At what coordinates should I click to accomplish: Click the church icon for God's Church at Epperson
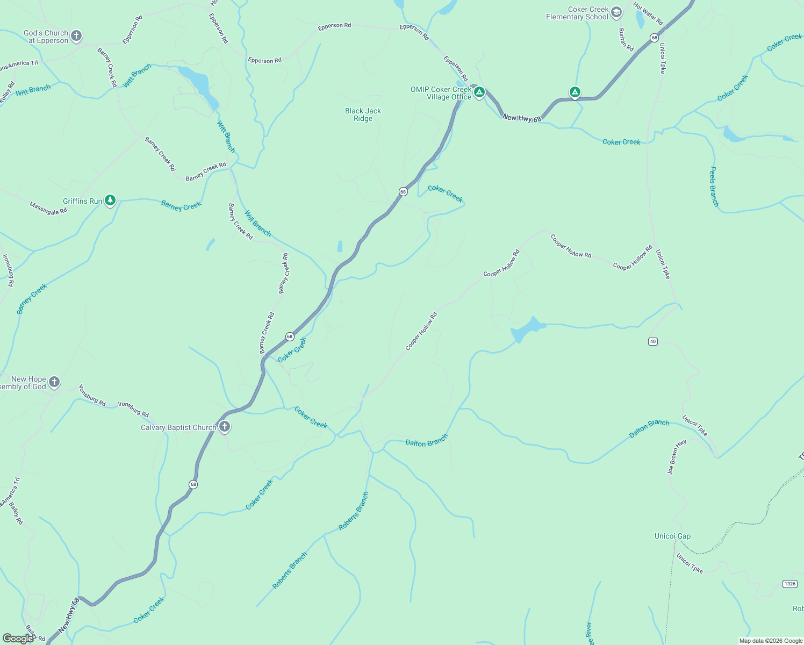pyautogui.click(x=76, y=36)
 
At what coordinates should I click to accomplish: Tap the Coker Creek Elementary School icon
pyautogui.click(x=616, y=12)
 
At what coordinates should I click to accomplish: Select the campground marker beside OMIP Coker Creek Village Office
pyautogui.click(x=479, y=92)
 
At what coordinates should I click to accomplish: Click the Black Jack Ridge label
pyautogui.click(x=363, y=114)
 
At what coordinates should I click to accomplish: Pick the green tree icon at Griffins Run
pyautogui.click(x=110, y=200)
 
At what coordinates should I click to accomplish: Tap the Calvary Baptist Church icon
pyautogui.click(x=225, y=427)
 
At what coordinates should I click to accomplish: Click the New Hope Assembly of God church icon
pyautogui.click(x=54, y=382)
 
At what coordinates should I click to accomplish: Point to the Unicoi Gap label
pyautogui.click(x=672, y=536)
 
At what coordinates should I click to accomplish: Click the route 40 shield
pyautogui.click(x=652, y=341)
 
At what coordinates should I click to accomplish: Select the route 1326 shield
pyautogui.click(x=789, y=584)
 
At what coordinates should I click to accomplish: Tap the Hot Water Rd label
pyautogui.click(x=648, y=14)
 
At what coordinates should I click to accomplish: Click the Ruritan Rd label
pyautogui.click(x=626, y=40)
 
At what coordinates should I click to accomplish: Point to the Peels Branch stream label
pyautogui.click(x=714, y=187)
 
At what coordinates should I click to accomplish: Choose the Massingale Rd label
pyautogui.click(x=48, y=209)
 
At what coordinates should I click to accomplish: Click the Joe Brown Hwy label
pyautogui.click(x=677, y=457)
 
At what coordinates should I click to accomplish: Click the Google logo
pyautogui.click(x=18, y=638)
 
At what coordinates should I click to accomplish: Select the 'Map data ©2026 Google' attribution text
pyautogui.click(x=771, y=641)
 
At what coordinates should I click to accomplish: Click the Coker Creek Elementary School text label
pyautogui.click(x=577, y=13)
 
